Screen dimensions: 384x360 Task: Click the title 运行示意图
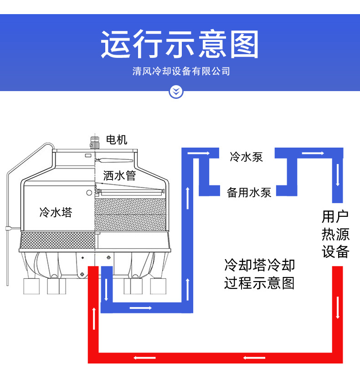[180, 44]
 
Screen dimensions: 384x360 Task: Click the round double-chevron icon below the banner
[176, 92]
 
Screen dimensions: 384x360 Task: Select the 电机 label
[117, 140]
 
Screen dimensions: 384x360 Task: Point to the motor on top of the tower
[95, 141]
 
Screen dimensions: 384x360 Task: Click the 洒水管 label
[119, 175]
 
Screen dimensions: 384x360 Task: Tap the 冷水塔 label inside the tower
[56, 212]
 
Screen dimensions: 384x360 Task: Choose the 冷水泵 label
[246, 158]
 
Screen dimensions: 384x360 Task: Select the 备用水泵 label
[249, 192]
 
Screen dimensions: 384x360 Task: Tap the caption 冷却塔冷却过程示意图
[259, 274]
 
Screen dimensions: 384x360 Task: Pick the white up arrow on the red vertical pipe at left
[94, 318]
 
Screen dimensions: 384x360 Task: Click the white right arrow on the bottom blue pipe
[140, 308]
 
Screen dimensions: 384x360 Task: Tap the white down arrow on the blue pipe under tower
[106, 290]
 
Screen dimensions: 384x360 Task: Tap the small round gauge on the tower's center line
[89, 193]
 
